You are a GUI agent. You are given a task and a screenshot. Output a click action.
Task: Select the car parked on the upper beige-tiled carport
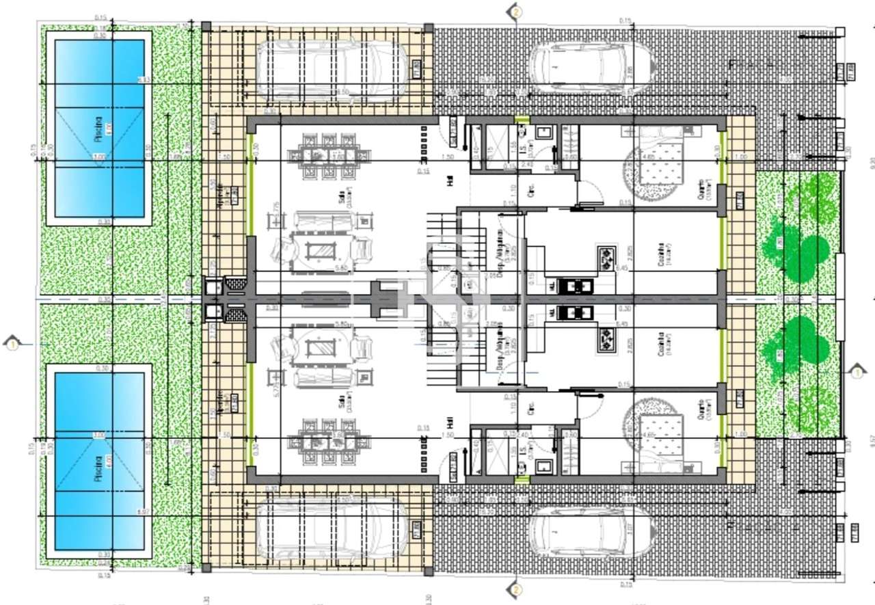tap(333, 68)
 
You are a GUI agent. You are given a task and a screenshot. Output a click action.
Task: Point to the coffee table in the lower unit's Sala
tap(317, 348)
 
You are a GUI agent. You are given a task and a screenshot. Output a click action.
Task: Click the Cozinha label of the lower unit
tap(660, 345)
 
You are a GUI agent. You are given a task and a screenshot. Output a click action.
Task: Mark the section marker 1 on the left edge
tap(12, 344)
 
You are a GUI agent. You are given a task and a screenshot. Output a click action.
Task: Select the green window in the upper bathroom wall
tap(522, 120)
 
